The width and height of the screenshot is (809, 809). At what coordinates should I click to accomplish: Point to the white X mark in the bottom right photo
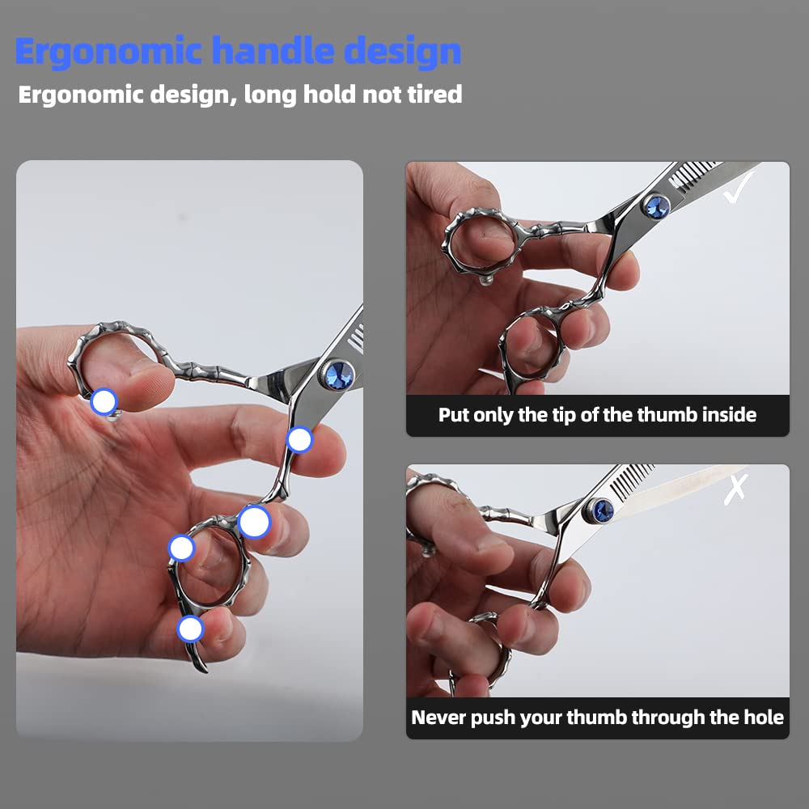point(735,489)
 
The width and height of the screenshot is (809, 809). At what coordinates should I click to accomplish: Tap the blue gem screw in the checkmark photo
point(656,206)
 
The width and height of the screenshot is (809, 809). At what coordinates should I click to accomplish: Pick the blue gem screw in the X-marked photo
point(601,510)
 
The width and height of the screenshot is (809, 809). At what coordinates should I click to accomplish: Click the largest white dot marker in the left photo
point(254,522)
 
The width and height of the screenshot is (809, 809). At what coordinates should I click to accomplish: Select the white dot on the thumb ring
point(104,400)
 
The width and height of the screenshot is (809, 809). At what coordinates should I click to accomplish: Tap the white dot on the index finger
point(299,440)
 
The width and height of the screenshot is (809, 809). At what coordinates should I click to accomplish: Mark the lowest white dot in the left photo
point(190,629)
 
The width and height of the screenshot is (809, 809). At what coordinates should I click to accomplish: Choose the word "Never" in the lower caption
point(438,718)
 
